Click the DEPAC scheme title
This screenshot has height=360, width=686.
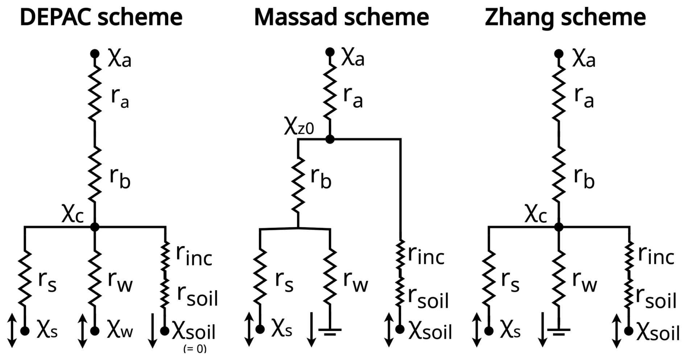101,17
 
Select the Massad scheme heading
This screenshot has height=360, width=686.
341,17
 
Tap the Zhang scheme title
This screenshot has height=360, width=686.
565,17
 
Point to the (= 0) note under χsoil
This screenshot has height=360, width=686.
195,348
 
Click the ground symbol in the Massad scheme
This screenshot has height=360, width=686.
330,331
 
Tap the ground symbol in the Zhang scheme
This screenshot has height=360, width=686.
559,331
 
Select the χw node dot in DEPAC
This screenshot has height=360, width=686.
95,331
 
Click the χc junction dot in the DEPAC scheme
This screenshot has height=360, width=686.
95,227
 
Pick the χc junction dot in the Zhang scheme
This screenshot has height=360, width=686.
559,227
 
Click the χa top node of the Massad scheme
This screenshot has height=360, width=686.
330,52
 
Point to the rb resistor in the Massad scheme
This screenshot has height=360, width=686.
298,185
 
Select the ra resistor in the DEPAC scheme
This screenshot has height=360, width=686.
95,95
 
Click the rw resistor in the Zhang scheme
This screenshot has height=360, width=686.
559,278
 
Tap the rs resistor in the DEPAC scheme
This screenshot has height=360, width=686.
25,278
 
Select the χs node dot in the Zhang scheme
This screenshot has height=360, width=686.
489,331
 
